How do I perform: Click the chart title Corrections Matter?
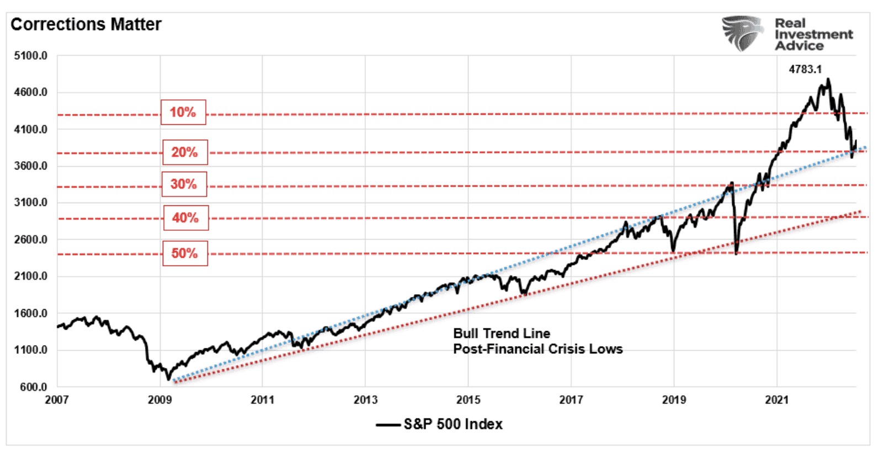point(86,25)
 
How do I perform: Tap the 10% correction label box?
point(183,113)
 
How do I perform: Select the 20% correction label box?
point(185,152)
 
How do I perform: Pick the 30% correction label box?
point(184,184)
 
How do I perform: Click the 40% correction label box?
point(185,218)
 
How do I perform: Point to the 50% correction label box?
point(185,253)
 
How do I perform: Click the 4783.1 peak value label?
point(805,70)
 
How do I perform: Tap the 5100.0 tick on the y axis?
point(31,56)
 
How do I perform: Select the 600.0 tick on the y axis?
point(33,387)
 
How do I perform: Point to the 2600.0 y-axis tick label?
point(31,240)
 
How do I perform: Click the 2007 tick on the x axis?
point(56,400)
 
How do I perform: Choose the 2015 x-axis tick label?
point(468,400)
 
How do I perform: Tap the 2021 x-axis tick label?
point(776,400)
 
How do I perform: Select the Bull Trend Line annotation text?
point(502,333)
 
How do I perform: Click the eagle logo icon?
point(743,33)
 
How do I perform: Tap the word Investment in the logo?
point(813,34)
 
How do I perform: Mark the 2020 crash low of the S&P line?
point(736,253)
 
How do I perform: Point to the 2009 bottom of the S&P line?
point(168,379)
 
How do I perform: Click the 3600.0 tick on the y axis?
point(31,166)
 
